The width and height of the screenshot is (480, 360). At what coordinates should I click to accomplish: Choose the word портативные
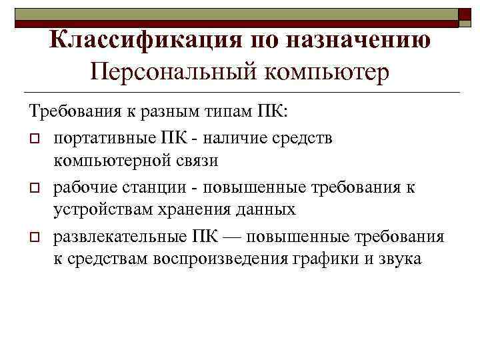pyautogui.click(x=103, y=138)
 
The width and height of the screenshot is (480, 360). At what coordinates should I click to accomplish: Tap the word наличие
pyautogui.click(x=229, y=138)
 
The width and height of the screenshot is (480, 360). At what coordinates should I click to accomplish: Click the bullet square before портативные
pyautogui.click(x=34, y=138)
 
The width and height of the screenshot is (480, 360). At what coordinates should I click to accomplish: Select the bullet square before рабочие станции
pyautogui.click(x=34, y=188)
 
